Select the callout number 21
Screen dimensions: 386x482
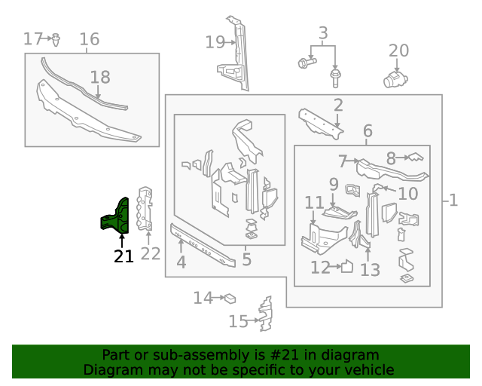pos(124,256)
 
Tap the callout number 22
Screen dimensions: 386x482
pos(151,254)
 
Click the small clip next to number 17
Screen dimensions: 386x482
pos(57,38)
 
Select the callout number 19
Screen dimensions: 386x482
pos(215,42)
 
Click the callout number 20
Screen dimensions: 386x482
pos(398,51)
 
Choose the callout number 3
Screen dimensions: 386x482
pos(323,33)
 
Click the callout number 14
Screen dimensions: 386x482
pos(203,299)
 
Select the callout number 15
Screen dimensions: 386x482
pos(238,322)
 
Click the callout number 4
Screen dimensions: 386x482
pos(181,262)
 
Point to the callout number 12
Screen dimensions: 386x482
pos(321,267)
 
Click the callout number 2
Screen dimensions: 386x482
pos(338,106)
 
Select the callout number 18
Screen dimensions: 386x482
pos(100,77)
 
